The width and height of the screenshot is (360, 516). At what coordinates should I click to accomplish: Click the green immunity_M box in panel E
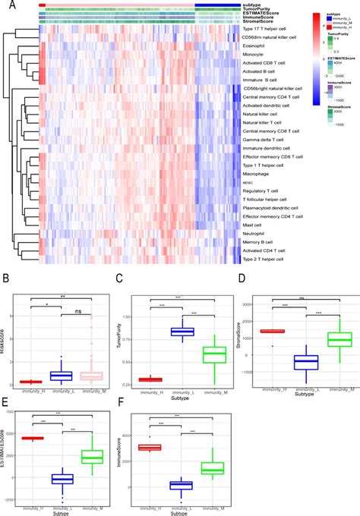tap(92, 456)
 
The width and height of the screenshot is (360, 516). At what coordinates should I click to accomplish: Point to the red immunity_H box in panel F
tap(171, 448)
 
